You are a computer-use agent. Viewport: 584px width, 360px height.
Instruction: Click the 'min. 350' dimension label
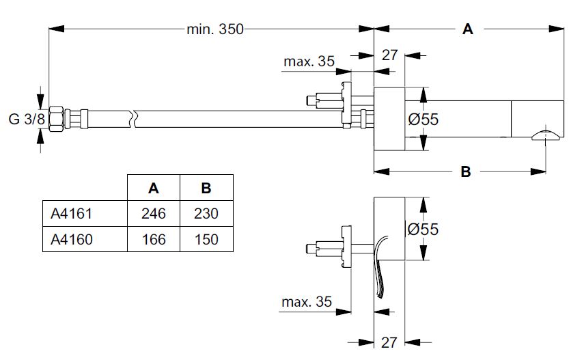[215, 29]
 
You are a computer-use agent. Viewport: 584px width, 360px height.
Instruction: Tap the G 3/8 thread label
[27, 120]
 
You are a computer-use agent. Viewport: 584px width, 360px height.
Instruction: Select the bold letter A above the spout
[468, 29]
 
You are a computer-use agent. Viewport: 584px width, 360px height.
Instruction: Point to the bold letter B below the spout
[466, 171]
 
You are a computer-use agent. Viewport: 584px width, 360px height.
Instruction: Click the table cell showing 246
[154, 214]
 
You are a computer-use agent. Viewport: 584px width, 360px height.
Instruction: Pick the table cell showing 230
[206, 214]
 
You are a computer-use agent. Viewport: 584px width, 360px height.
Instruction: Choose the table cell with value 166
[154, 239]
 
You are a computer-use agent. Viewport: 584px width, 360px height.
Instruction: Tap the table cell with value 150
[206, 239]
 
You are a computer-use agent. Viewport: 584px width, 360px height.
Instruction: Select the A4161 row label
[71, 214]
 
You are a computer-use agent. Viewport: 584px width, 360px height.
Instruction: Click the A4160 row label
[72, 239]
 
